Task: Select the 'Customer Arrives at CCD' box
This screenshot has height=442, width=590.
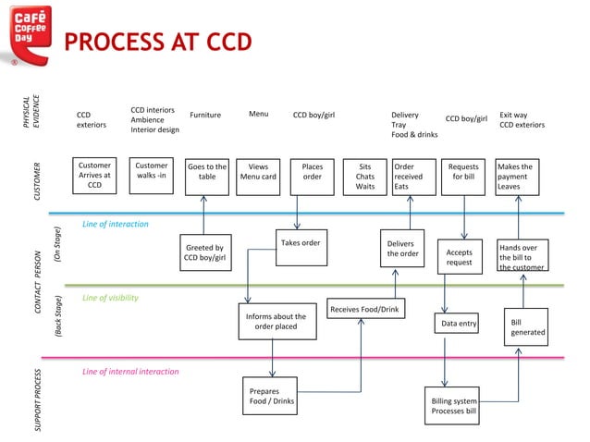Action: pos(94,176)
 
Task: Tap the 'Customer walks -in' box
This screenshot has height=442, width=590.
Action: pos(152,176)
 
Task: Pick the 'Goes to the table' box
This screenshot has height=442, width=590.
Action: pos(206,176)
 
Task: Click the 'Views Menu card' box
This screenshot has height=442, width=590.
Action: pos(258,176)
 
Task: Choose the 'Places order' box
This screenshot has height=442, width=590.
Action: pos(313,176)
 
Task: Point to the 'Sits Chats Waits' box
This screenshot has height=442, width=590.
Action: pos(365,176)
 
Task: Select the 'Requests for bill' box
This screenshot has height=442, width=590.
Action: pos(463,176)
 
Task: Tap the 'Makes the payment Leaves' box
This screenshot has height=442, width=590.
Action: pos(518,176)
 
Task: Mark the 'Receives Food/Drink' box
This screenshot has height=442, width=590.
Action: pos(364,310)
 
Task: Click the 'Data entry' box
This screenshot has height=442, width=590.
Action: pos(459,324)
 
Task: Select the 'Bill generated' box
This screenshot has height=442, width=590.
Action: pos(526,327)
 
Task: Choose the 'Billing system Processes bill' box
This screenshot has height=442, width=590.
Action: pos(454,406)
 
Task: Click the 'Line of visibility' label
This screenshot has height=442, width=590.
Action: pos(110,298)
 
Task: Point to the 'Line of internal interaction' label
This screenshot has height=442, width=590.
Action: pos(130,372)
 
